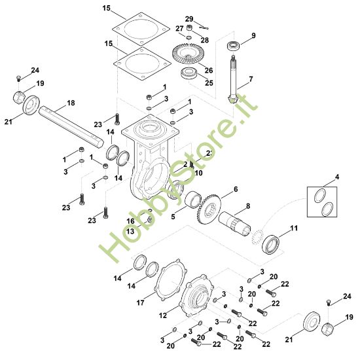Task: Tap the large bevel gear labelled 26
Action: pyautogui.click(x=190, y=53)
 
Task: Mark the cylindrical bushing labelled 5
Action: pyautogui.click(x=192, y=200)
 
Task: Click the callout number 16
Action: pyautogui.click(x=130, y=222)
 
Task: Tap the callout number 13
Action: pyautogui.click(x=130, y=231)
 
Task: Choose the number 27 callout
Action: pyautogui.click(x=178, y=28)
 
